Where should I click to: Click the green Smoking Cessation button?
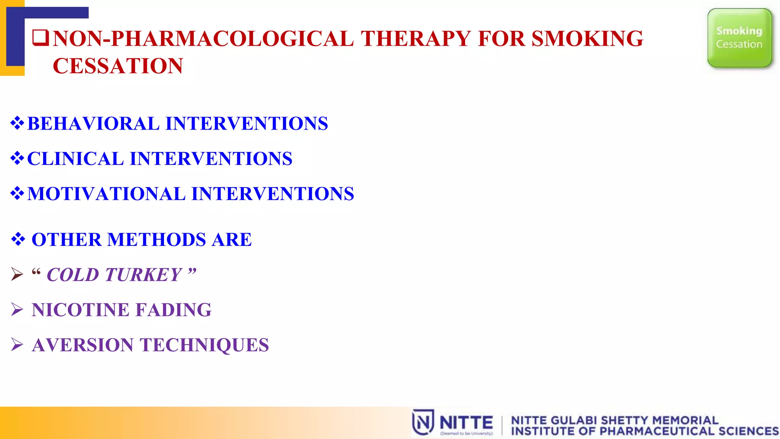pos(739,38)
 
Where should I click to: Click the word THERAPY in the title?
pos(416,38)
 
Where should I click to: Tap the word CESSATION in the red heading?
pos(118,66)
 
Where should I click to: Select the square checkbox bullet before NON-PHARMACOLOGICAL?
pos(40,38)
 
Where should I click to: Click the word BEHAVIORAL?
pos(93,124)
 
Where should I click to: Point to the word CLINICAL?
pos(75,159)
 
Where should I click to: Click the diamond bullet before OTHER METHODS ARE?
pos(18,239)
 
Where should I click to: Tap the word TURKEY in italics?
pos(143,275)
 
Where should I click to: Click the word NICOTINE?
pos(81,310)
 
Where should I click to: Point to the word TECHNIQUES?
pos(205,345)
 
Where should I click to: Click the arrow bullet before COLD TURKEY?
pos(17,274)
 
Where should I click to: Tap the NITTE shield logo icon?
pos(423,422)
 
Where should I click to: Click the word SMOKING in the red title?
pos(587,38)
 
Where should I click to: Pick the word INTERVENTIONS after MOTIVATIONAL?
pos(273,194)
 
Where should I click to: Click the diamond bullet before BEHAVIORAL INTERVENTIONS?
pos(17,123)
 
